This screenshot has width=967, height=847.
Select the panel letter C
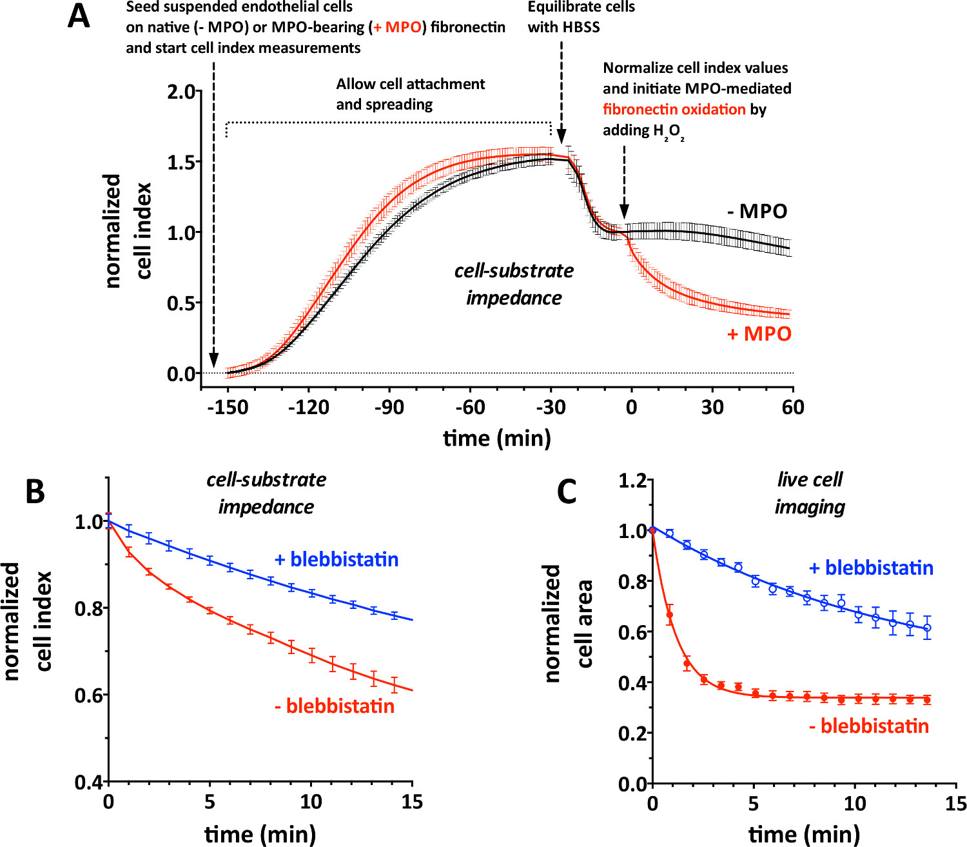tap(566, 492)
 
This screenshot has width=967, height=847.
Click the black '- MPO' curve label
tap(758, 212)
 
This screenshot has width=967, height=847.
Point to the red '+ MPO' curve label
tap(759, 334)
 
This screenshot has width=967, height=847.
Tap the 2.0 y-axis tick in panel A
tap(181, 92)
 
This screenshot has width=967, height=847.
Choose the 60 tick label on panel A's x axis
tap(793, 408)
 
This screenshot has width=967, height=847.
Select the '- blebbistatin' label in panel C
tap(868, 726)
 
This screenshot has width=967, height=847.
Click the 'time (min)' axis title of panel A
tap(496, 439)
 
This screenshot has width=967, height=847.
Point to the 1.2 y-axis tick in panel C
tap(632, 481)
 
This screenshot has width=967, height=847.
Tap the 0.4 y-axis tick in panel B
tap(89, 782)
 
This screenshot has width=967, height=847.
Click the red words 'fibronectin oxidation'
tap(674, 109)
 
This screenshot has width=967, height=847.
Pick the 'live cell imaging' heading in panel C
tap(810, 493)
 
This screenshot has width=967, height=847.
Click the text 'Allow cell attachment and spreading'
tap(410, 94)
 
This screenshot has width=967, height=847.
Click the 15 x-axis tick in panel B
tap(412, 802)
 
